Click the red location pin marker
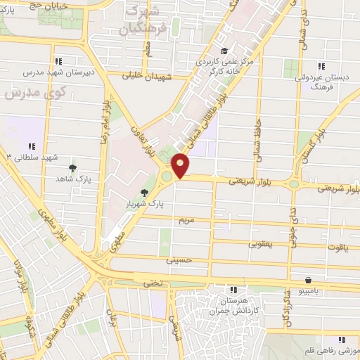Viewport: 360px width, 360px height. pyautogui.click(x=181, y=166)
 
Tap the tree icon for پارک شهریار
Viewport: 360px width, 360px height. pyautogui.click(x=144, y=193)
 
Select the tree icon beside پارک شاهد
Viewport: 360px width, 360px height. pyautogui.click(x=72, y=168)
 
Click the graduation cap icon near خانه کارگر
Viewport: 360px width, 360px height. pyautogui.click(x=224, y=50)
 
